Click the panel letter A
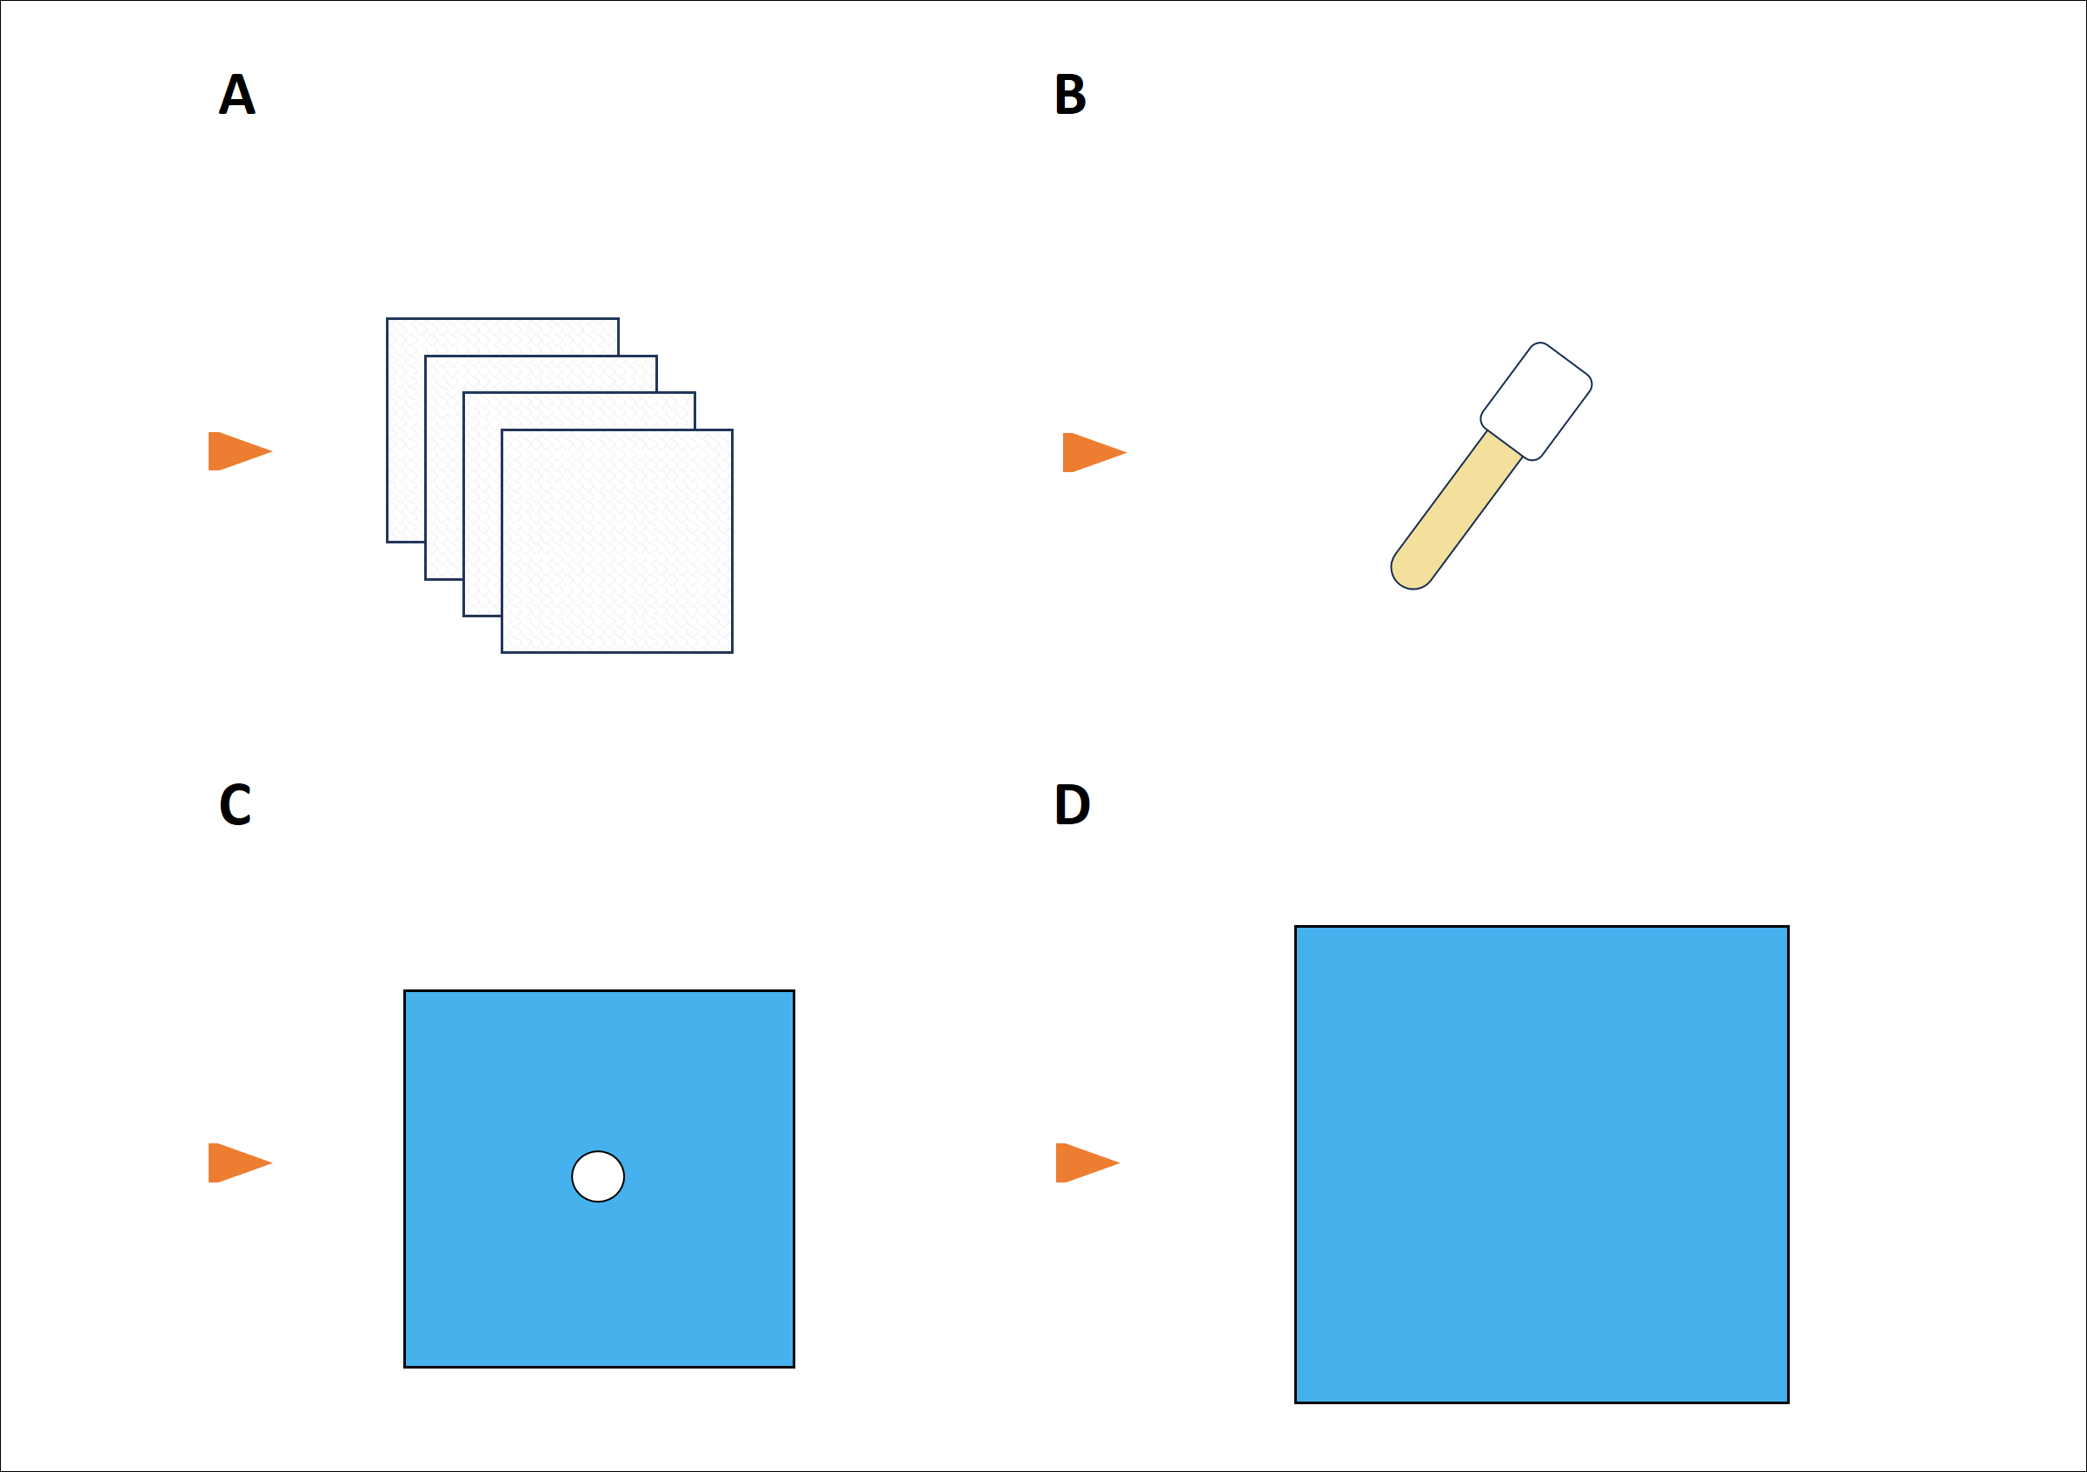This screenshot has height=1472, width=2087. point(237,94)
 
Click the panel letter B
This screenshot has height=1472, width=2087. point(1070,94)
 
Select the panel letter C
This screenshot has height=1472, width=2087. point(235,804)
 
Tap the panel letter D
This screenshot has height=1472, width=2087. point(1072,804)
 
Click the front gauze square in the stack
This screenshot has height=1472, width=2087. point(617,541)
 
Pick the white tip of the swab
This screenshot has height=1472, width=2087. point(1535,401)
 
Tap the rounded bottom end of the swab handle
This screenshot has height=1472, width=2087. point(1412,571)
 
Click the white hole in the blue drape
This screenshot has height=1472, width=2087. point(598,1176)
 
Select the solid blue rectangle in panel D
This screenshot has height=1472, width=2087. point(1542,1165)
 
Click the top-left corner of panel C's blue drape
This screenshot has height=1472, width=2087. point(405,991)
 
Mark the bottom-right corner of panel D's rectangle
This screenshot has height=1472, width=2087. point(1788,1402)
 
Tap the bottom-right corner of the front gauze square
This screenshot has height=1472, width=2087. point(732,652)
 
